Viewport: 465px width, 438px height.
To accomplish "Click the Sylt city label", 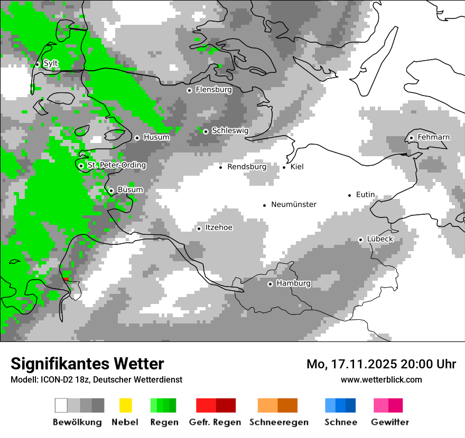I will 51,63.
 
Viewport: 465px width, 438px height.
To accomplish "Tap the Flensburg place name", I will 213,90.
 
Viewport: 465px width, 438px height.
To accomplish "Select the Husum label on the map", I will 156,137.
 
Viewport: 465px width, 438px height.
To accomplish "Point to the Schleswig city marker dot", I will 206,131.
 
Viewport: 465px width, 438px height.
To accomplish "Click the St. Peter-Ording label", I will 116,165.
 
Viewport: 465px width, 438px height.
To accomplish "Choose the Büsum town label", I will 130,190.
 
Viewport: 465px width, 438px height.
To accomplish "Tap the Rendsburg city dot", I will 221,167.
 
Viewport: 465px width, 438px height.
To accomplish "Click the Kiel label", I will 297,167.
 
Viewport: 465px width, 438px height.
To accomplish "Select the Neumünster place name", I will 294,204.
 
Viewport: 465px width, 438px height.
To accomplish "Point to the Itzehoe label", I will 219,227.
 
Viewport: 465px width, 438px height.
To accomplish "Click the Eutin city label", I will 365,195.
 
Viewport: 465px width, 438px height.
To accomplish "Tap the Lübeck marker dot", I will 360,240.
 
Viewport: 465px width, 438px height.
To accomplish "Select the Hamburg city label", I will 293,283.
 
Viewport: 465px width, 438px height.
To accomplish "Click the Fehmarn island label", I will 433,137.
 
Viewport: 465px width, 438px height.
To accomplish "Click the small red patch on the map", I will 66,278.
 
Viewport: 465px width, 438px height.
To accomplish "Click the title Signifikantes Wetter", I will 87,364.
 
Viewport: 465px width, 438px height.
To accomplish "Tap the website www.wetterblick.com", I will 381,379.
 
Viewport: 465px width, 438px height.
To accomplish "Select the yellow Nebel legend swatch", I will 125,405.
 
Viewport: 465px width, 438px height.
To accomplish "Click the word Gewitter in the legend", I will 389,422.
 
